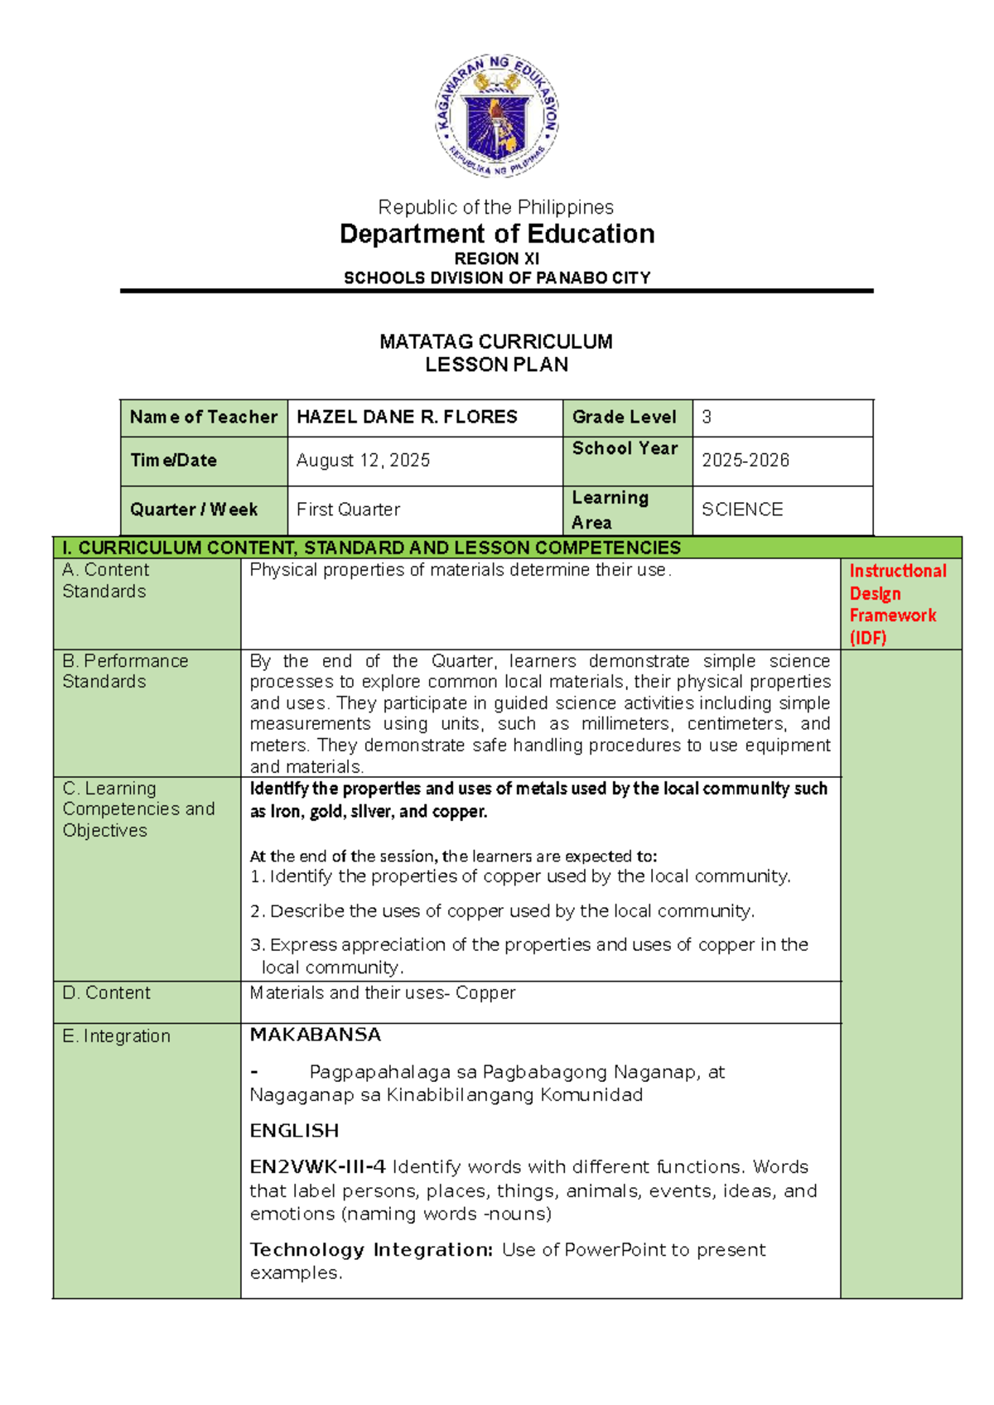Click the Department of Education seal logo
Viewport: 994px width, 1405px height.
497,116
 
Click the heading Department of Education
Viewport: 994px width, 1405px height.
497,234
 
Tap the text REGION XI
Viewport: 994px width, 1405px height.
497,259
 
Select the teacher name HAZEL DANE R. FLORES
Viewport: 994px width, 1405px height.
407,418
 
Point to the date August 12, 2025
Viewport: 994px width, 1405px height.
363,461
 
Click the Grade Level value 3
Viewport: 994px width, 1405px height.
707,418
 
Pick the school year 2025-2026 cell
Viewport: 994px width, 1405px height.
745,461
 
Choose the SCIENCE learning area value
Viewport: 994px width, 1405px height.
742,509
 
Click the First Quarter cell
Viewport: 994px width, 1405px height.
348,509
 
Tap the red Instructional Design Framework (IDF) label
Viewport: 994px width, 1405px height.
897,604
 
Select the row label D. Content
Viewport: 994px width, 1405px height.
106,993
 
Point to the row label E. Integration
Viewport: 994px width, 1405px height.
116,1036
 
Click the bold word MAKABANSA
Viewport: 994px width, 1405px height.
316,1036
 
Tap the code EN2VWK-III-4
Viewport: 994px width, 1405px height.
317,1167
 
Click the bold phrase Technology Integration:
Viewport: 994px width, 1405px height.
371,1250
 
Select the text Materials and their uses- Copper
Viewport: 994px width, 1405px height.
383,993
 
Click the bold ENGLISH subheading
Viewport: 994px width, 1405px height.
294,1131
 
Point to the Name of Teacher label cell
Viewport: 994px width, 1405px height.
203,418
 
